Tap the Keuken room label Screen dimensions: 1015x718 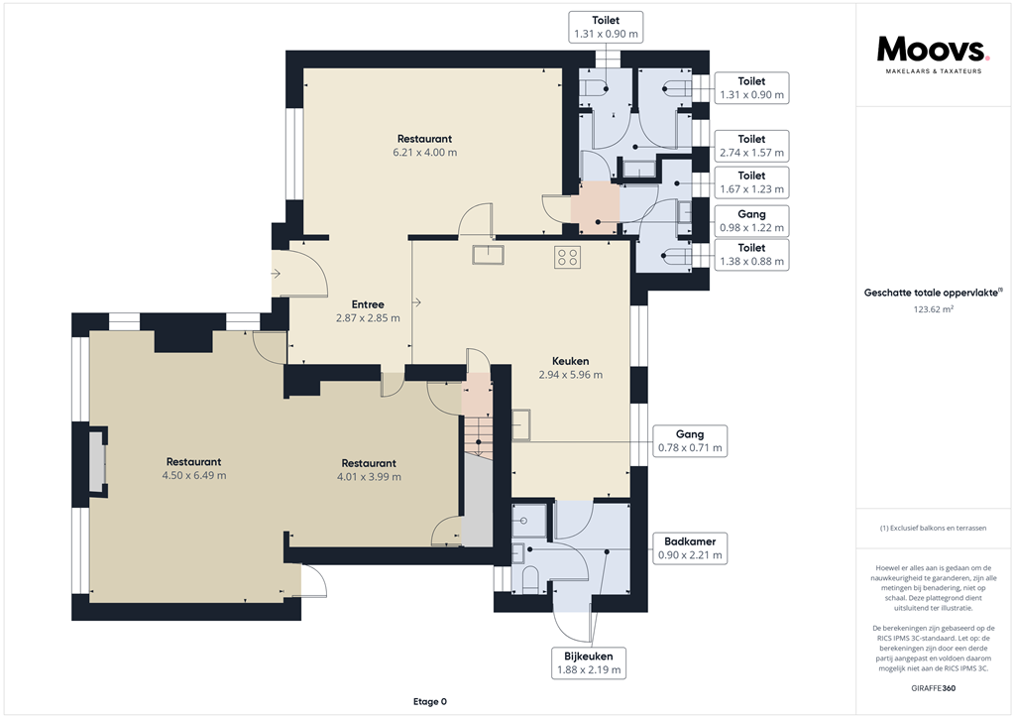click(x=570, y=361)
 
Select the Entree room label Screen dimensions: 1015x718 click(x=368, y=304)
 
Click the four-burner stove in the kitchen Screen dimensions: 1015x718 click(x=567, y=257)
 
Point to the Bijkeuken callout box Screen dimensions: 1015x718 click(x=589, y=663)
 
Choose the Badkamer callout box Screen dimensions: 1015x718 click(x=690, y=548)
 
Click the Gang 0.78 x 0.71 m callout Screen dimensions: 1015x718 click(x=690, y=441)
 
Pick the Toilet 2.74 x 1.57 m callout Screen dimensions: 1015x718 click(x=751, y=146)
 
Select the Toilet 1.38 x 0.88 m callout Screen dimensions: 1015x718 click(x=751, y=255)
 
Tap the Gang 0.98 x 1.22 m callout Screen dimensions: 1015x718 click(x=751, y=221)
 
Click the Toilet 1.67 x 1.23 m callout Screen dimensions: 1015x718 click(x=751, y=181)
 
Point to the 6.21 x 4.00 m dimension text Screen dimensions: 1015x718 click(x=424, y=153)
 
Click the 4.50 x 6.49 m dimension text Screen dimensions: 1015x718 click(x=194, y=476)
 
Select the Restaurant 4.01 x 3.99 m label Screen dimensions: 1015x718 click(x=369, y=470)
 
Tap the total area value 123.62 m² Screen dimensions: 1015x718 click(x=933, y=309)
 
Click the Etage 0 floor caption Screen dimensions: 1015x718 click(x=430, y=702)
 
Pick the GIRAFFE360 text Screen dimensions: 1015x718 click(x=933, y=688)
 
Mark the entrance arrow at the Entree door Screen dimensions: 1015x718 click(x=276, y=274)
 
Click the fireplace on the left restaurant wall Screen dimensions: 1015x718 click(x=98, y=460)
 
